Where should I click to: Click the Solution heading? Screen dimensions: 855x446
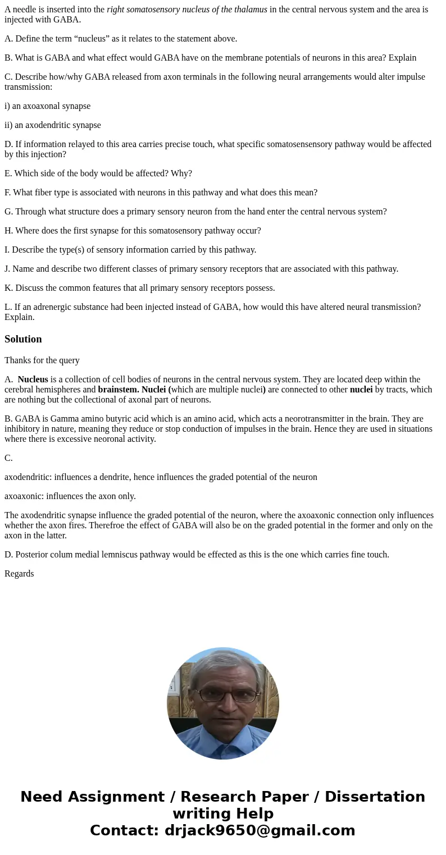pyautogui.click(x=23, y=339)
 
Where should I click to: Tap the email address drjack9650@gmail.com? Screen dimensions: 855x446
pyautogui.click(x=260, y=830)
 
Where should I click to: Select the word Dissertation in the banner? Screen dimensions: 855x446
pyautogui.click(x=375, y=797)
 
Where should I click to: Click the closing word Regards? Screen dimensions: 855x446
pyautogui.click(x=19, y=573)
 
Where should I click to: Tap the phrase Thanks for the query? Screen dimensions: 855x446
pyautogui.click(x=42, y=360)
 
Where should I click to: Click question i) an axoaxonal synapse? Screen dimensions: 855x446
pyautogui.click(x=48, y=106)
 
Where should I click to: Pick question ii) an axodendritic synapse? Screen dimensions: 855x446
pyautogui.click(x=53, y=125)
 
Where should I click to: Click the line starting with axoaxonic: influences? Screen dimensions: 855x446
pyautogui.click(x=70, y=496)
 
